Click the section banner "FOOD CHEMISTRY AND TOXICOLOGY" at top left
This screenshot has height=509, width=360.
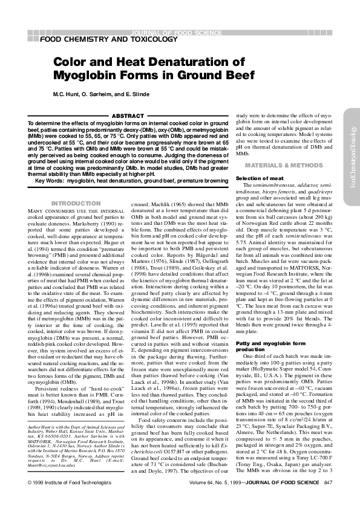(109, 40)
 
